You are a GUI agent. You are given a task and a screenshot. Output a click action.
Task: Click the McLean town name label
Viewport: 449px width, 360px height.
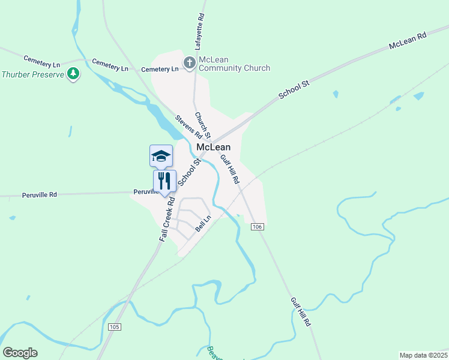[x=214, y=148]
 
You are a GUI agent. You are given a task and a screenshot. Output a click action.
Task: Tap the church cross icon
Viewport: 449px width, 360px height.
[x=189, y=62]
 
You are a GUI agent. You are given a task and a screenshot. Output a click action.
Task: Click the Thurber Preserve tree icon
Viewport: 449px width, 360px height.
[x=73, y=74]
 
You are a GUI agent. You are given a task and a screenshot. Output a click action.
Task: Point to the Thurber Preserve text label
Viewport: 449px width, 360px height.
[x=31, y=75]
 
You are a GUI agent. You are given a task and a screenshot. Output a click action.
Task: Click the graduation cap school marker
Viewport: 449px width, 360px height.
[x=161, y=156]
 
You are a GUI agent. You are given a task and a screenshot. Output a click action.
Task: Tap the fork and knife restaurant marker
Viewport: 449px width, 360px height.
[x=164, y=181]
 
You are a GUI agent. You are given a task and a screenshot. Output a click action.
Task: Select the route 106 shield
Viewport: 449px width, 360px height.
[x=258, y=226]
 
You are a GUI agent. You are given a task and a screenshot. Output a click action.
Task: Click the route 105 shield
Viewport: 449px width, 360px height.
[x=115, y=327]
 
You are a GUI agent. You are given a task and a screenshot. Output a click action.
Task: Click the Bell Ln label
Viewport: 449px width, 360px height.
[x=203, y=224]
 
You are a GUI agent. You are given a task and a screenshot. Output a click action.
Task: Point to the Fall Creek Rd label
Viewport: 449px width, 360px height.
[x=167, y=220]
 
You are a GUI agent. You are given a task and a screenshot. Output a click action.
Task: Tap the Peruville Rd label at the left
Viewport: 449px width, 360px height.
[x=40, y=195]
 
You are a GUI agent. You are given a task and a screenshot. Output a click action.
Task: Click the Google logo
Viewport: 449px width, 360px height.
[x=20, y=353]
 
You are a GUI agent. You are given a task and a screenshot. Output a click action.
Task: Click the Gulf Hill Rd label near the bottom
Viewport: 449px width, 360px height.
[x=300, y=312]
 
